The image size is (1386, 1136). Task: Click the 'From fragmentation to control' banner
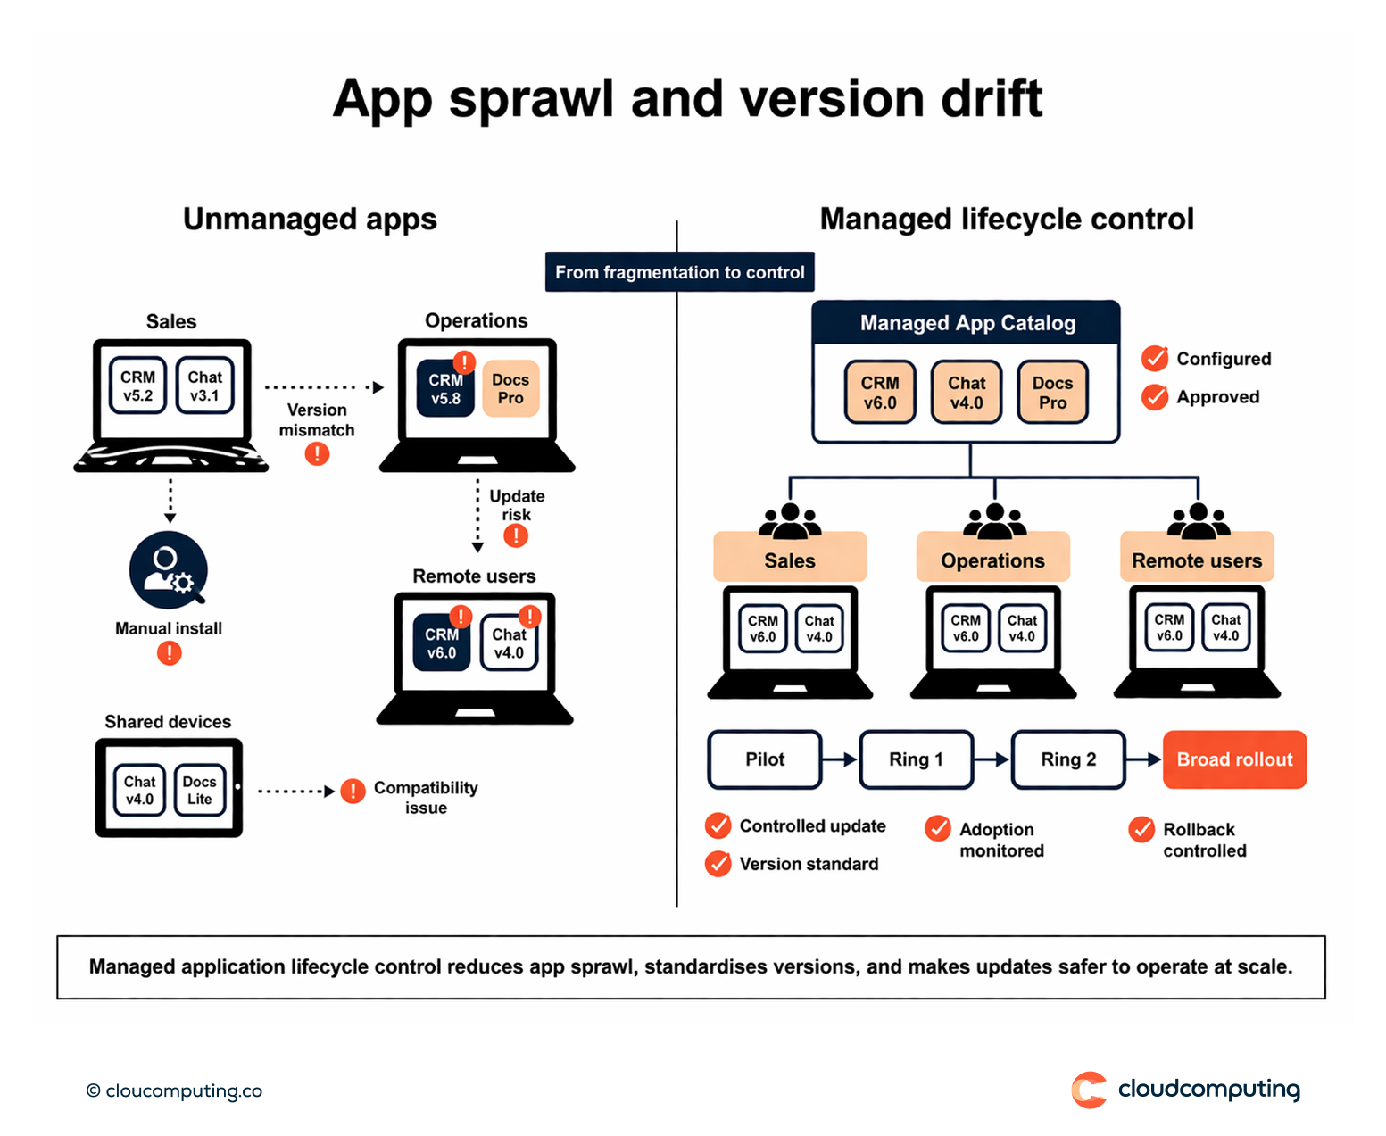pos(679,272)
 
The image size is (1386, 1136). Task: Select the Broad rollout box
pos(1234,759)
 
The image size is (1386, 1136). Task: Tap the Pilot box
pos(765,759)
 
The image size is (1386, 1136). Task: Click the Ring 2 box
pos(1067,759)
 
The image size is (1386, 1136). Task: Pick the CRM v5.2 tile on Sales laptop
pos(137,386)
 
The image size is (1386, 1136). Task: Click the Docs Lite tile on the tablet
pos(199,790)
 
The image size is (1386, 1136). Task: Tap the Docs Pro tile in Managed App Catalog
pos(1052,393)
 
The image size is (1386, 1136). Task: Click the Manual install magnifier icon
pos(169,570)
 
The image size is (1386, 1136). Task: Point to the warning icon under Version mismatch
pos(317,454)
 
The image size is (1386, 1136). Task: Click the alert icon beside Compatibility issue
pos(353,791)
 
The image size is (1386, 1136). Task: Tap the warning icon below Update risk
pos(516,535)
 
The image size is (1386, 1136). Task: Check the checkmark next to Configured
pos(1155,359)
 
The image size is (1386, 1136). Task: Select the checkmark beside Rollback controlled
pos(1141,830)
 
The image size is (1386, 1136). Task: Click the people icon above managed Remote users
pos(1198,520)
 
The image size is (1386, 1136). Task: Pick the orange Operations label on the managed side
pos(992,560)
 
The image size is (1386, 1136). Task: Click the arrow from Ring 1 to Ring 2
pos(992,759)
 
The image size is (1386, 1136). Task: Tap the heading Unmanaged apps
pos(310,220)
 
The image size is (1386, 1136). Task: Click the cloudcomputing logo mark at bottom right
pos(1089,1090)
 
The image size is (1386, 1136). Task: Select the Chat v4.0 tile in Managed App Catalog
pos(967,393)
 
